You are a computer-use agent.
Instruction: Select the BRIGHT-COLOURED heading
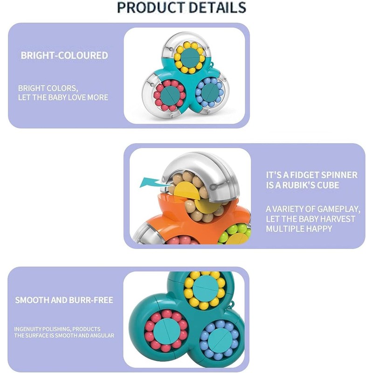tap(64, 55)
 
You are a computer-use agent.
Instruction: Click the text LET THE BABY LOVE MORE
tap(63, 97)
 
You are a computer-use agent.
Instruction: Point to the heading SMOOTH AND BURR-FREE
tap(64, 300)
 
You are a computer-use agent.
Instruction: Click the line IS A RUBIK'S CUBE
tap(302, 186)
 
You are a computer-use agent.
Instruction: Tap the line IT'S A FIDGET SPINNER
tap(311, 175)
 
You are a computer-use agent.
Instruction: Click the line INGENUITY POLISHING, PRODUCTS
tap(57, 329)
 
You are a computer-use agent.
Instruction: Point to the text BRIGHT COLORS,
tap(48, 88)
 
